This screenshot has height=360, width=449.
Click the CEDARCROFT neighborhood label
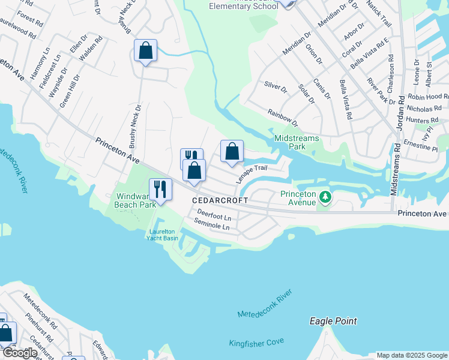pos(215,200)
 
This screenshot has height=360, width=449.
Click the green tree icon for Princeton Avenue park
pos(325,197)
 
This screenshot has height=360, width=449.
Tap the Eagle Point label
pos(333,322)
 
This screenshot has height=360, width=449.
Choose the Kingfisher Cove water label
pos(256,343)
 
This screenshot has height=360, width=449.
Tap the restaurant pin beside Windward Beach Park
pos(160,189)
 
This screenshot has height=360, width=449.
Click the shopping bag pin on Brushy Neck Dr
pos(146,50)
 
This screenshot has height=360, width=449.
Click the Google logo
pos(19,352)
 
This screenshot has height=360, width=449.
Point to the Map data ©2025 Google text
pos(411,355)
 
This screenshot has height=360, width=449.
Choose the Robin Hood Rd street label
pos(427,97)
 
